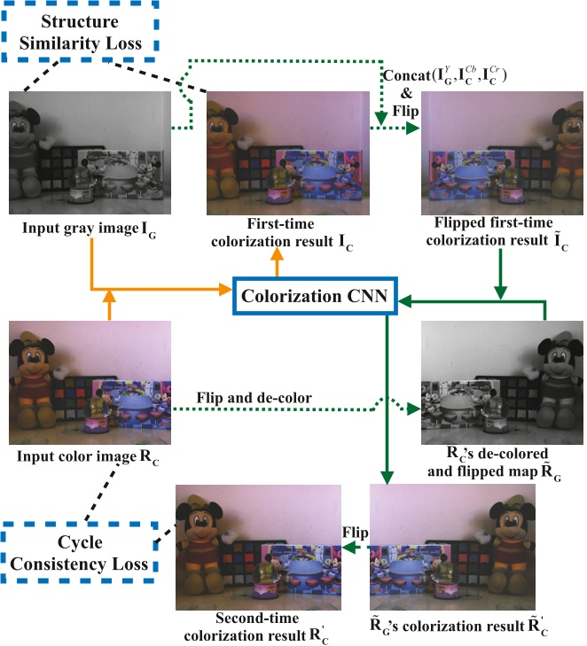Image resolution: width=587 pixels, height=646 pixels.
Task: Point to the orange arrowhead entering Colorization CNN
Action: tap(225, 288)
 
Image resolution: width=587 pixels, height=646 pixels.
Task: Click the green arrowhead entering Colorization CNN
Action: tap(402, 302)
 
